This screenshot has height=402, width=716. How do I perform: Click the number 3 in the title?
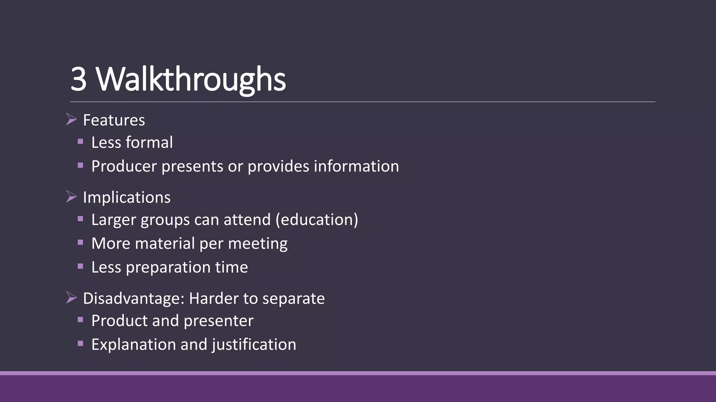tap(79, 79)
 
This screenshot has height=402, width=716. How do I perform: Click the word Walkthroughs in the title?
tap(191, 79)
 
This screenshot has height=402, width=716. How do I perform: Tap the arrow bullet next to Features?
tap(71, 119)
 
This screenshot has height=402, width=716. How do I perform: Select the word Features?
tap(114, 120)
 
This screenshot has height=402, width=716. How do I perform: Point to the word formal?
tap(149, 142)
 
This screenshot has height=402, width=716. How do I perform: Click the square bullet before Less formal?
tap(80, 142)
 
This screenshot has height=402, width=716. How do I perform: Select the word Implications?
tap(127, 198)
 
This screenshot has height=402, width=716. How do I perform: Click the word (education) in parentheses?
tap(317, 220)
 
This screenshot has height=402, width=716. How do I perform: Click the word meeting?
tap(258, 244)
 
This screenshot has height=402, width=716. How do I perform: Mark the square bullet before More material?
tap(80, 243)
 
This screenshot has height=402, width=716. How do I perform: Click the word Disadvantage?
tap(134, 299)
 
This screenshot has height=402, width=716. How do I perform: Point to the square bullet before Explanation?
tap(80, 343)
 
